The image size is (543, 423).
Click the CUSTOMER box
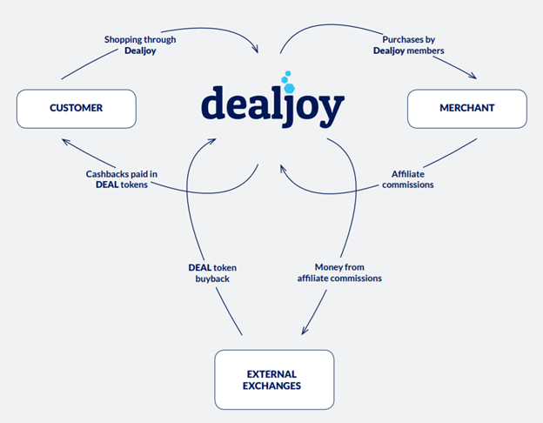pyautogui.click(x=77, y=109)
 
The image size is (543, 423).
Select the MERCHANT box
pyautogui.click(x=467, y=109)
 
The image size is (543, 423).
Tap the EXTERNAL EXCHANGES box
pyautogui.click(x=274, y=379)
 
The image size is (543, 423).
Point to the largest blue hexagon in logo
pyautogui.click(x=289, y=88)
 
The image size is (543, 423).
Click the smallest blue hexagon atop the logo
pyautogui.click(x=288, y=73)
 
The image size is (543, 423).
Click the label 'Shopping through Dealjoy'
pyautogui.click(x=140, y=45)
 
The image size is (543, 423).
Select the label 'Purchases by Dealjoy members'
pyautogui.click(x=409, y=45)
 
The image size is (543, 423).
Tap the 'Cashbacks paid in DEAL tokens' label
pyautogui.click(x=122, y=179)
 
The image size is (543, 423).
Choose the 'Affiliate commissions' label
pyautogui.click(x=408, y=179)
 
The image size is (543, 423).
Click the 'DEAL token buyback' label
pyautogui.click(x=212, y=273)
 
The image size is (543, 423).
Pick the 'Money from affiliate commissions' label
pyautogui.click(x=339, y=272)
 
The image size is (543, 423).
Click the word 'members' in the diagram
pyautogui.click(x=426, y=50)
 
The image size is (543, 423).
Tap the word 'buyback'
pyautogui.click(x=212, y=279)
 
